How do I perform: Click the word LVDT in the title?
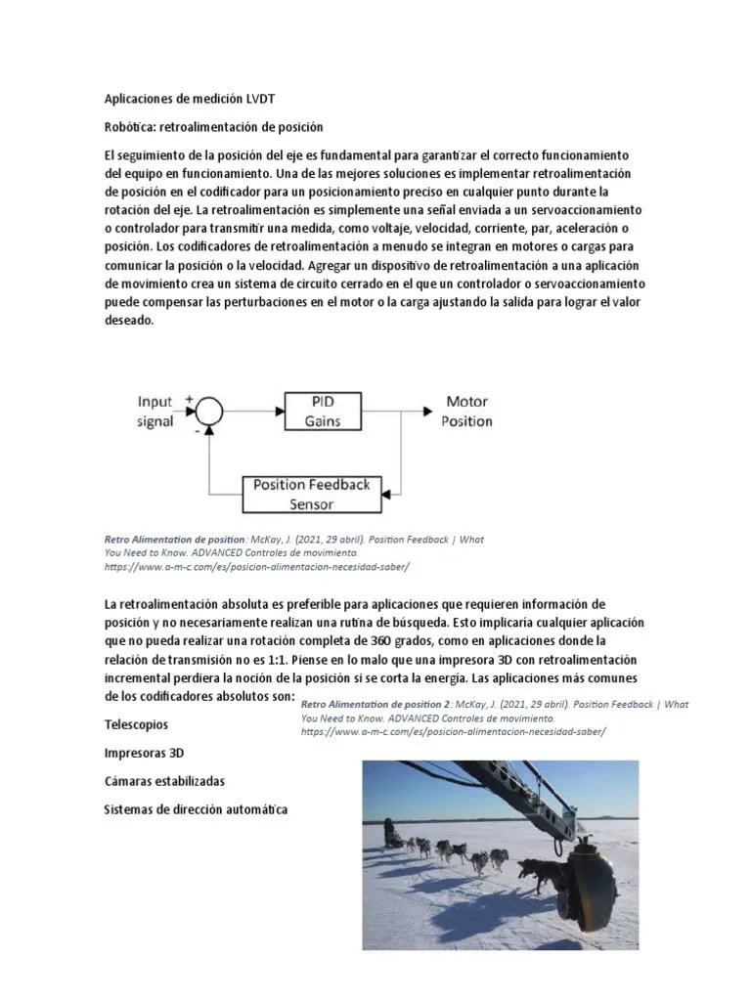tap(270, 99)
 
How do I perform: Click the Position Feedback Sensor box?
tap(311, 495)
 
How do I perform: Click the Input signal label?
tap(155, 412)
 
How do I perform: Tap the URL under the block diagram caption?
tap(256, 567)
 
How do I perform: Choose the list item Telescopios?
tap(136, 725)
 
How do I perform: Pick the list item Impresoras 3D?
tap(145, 754)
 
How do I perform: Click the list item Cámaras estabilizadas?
tap(164, 782)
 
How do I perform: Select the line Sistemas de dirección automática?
tap(196, 810)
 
